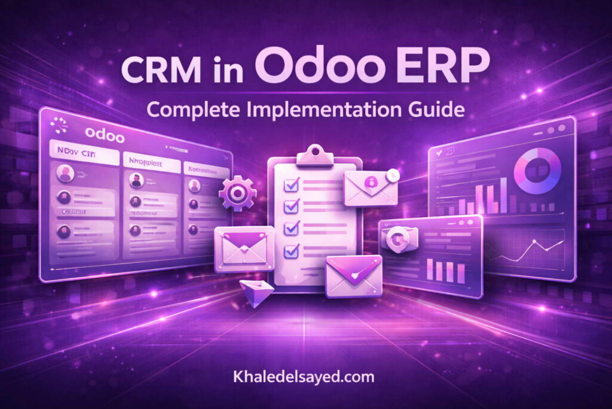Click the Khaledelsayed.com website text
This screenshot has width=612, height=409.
click(305, 377)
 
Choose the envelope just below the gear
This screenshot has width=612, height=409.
click(240, 248)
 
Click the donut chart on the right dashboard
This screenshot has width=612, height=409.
click(537, 171)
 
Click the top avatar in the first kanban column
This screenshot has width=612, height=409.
click(65, 174)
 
